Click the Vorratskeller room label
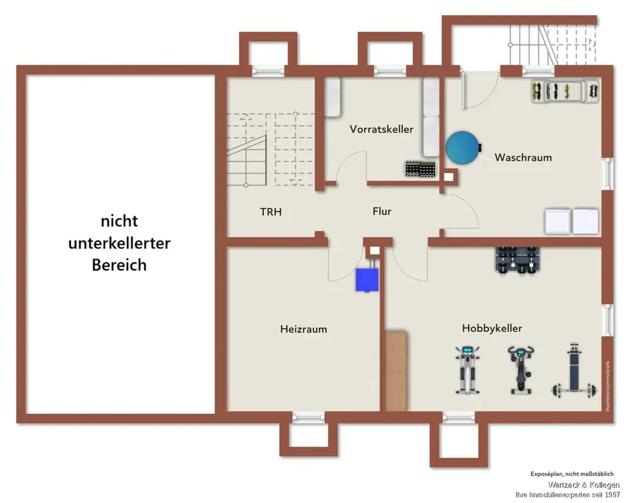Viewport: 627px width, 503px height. click(381, 129)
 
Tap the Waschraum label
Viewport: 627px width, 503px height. click(523, 157)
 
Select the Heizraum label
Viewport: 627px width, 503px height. click(303, 329)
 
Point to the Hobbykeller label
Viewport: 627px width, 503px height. click(492, 328)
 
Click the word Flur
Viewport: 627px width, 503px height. click(382, 211)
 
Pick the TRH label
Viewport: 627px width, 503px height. click(271, 212)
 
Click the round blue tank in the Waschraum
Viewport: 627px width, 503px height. click(463, 147)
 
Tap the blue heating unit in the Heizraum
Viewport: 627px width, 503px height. click(367, 278)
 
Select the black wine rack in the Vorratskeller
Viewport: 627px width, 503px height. click(420, 169)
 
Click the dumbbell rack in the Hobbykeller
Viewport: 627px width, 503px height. click(518, 259)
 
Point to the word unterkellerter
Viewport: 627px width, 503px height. click(119, 243)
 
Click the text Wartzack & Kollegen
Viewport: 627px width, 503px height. click(584, 485)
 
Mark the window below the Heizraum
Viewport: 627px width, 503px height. click(309, 415)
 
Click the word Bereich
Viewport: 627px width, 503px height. click(119, 265)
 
